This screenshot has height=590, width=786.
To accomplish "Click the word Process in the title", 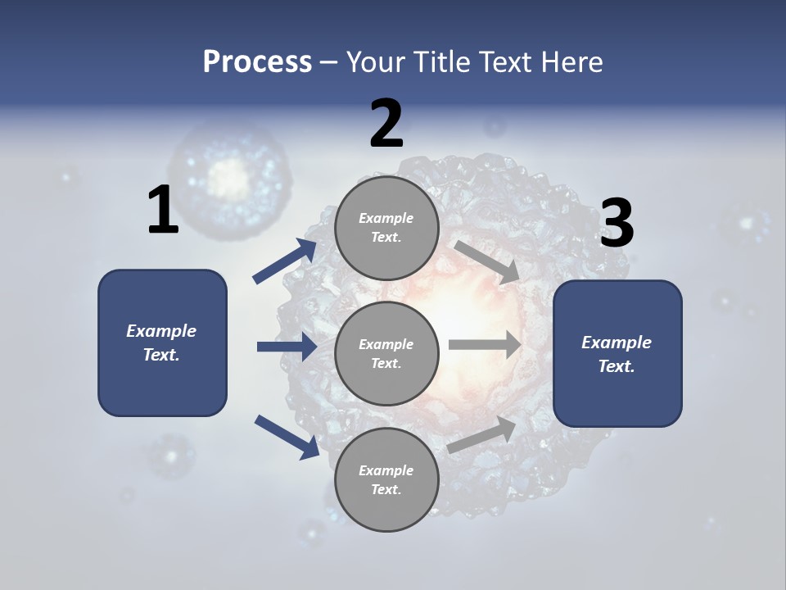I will (x=257, y=61).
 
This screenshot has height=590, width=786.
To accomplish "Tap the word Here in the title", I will (x=570, y=61).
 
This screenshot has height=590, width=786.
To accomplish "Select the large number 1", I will (x=163, y=211).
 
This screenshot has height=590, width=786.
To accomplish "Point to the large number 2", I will (x=386, y=124).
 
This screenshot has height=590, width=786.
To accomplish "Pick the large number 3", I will (x=617, y=224).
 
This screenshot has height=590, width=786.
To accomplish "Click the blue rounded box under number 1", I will (x=162, y=343).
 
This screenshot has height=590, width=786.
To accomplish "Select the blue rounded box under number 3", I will (x=617, y=353).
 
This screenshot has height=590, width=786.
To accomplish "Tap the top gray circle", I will (x=386, y=228).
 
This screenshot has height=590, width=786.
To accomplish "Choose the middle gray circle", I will (x=386, y=353).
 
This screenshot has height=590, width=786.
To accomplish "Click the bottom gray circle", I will (x=386, y=479).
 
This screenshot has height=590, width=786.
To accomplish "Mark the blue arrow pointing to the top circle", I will (x=286, y=261).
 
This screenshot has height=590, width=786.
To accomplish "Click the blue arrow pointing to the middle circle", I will (x=287, y=347).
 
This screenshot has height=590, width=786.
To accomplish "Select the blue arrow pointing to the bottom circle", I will (x=287, y=436).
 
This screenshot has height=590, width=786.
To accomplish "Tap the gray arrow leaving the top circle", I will (x=487, y=262).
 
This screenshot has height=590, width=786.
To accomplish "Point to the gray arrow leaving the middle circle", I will (x=485, y=345).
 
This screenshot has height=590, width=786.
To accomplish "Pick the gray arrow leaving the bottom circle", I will (x=482, y=434).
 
